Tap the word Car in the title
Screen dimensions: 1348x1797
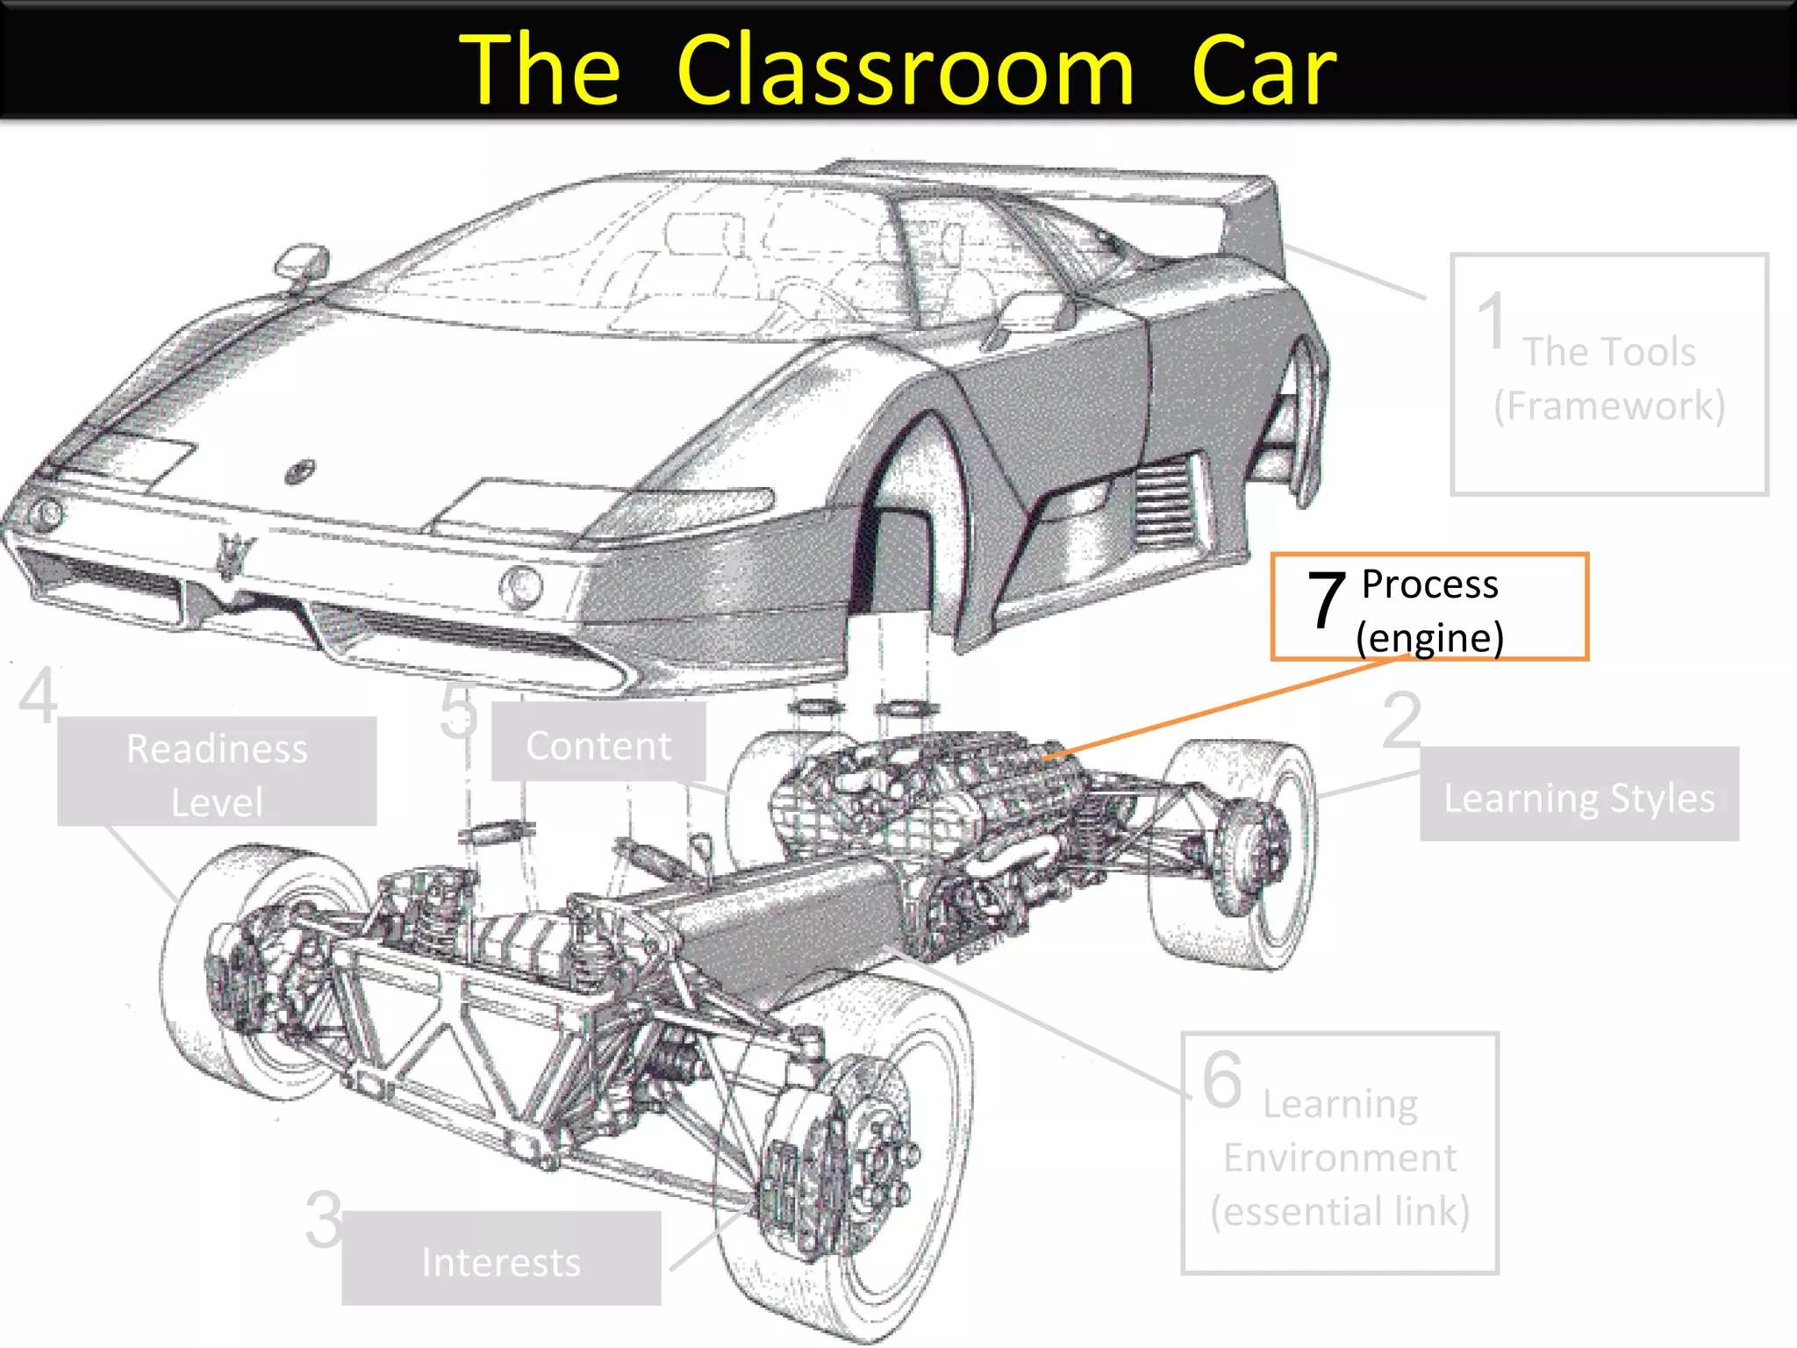click(x=1264, y=70)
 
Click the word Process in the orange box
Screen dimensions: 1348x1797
click(x=1429, y=584)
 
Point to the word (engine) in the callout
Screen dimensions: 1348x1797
click(x=1429, y=638)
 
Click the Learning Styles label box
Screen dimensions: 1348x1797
click(x=1579, y=794)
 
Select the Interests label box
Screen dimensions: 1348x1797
click(x=501, y=1258)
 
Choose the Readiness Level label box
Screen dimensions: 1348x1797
click(x=217, y=771)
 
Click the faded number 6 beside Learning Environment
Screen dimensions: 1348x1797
click(x=1222, y=1079)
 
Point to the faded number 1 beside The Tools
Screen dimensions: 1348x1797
click(x=1491, y=321)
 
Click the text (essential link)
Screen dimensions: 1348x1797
click(x=1340, y=1212)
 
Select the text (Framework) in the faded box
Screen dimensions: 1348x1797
click(x=1609, y=406)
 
